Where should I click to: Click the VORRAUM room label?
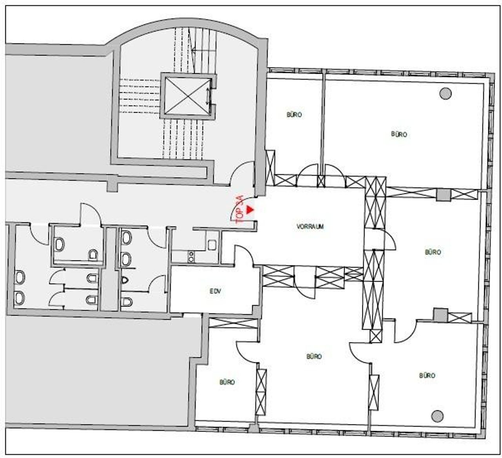[x=310, y=227]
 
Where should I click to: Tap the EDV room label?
[x=215, y=291]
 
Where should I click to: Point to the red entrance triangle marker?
[x=250, y=210]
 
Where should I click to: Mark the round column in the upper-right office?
[x=446, y=93]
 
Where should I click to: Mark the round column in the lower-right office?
[x=437, y=416]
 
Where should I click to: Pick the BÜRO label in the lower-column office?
[x=427, y=375]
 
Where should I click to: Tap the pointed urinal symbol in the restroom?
[x=125, y=280]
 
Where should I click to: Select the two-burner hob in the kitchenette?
[x=191, y=257]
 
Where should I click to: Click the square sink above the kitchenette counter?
[x=212, y=245]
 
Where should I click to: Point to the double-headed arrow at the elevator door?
[x=207, y=96]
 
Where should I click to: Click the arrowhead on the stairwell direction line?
[x=193, y=51]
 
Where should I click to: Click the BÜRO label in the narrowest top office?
[x=294, y=115]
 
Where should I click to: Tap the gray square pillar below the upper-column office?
[x=444, y=195]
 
